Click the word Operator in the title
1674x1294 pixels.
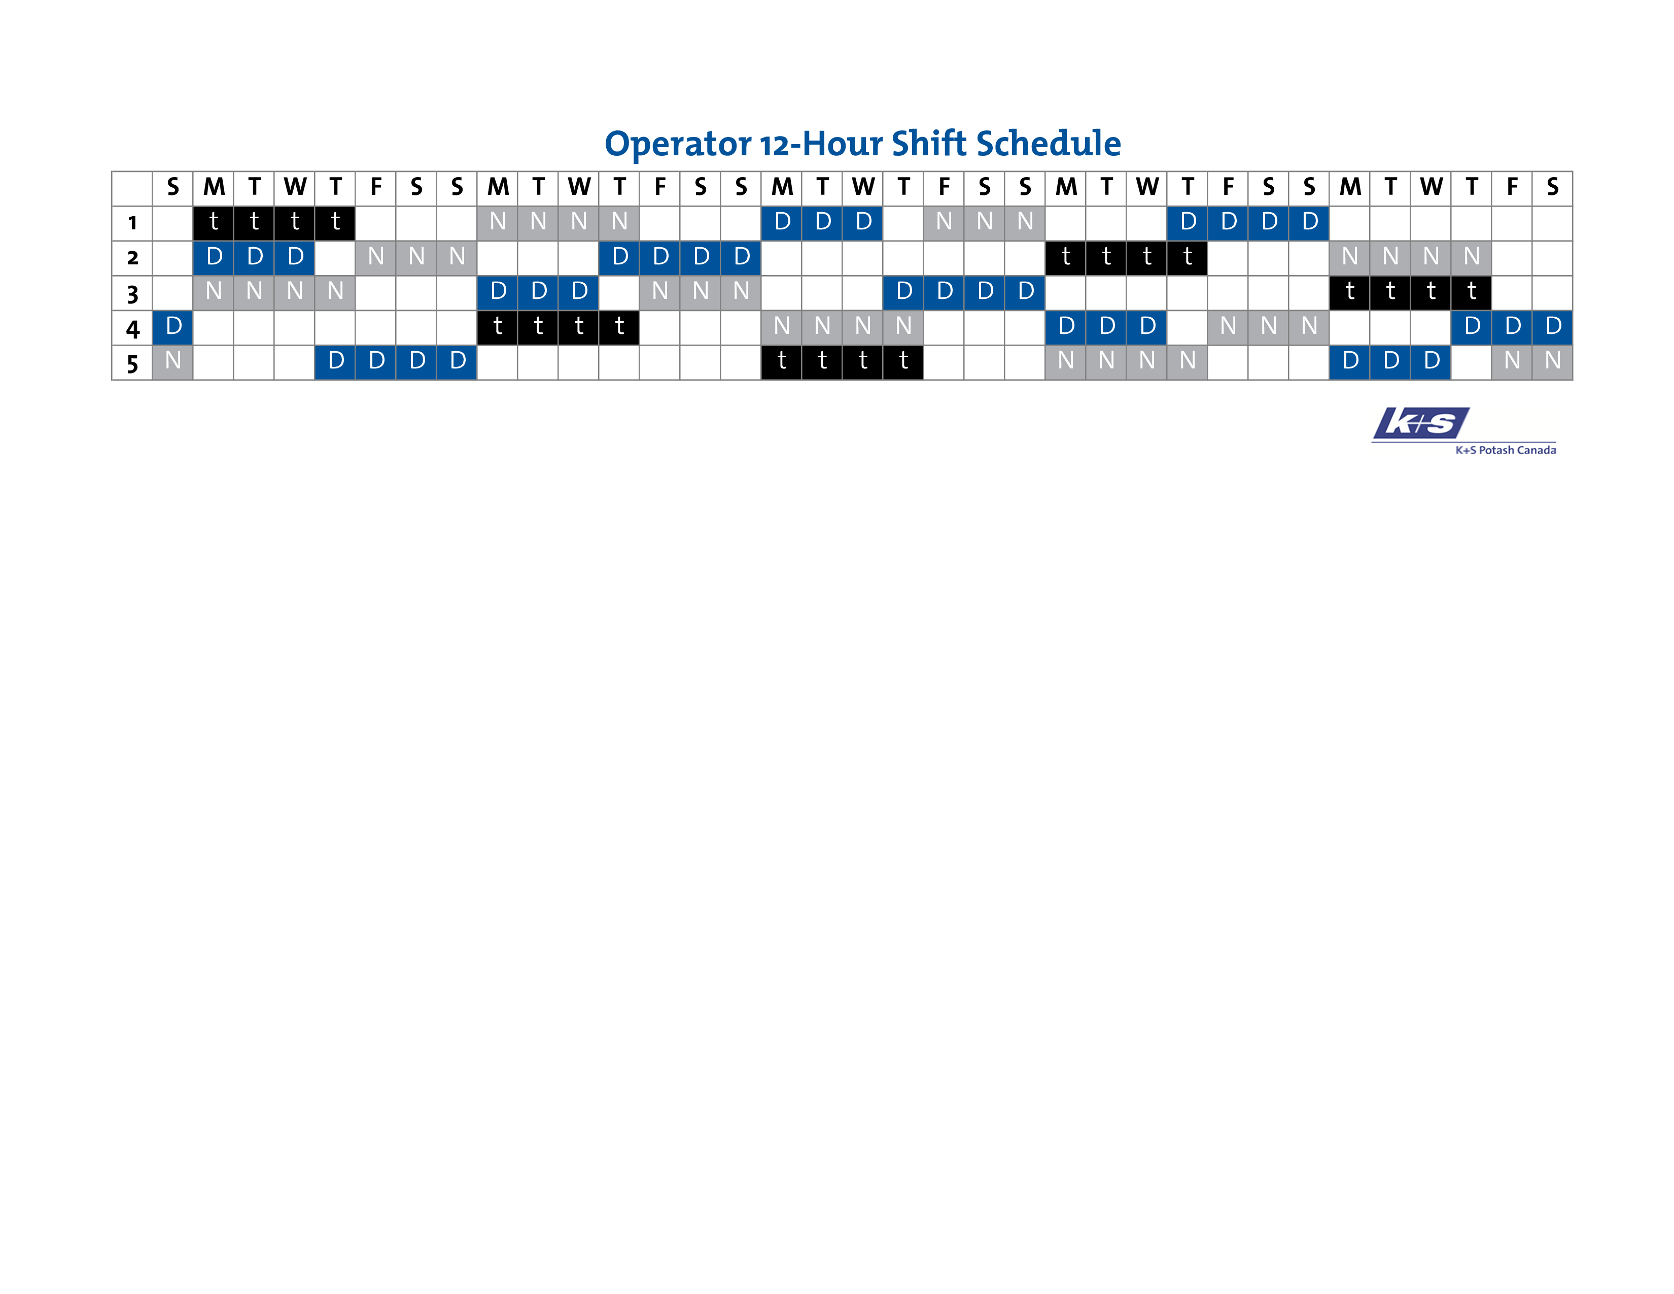coord(678,144)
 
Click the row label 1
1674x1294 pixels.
coord(132,223)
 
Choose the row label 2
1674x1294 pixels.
coord(132,258)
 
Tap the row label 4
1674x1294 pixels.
coord(132,329)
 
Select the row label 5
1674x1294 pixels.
coord(132,363)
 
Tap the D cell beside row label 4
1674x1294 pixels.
coord(173,327)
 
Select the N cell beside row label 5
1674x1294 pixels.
coord(173,362)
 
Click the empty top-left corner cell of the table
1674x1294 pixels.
coord(132,189)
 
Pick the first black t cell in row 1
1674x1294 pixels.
coord(214,223)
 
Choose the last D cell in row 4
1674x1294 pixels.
coord(1553,327)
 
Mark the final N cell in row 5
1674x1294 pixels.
coord(1553,362)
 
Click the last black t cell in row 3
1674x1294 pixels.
coord(1472,293)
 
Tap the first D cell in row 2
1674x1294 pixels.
coord(214,258)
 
